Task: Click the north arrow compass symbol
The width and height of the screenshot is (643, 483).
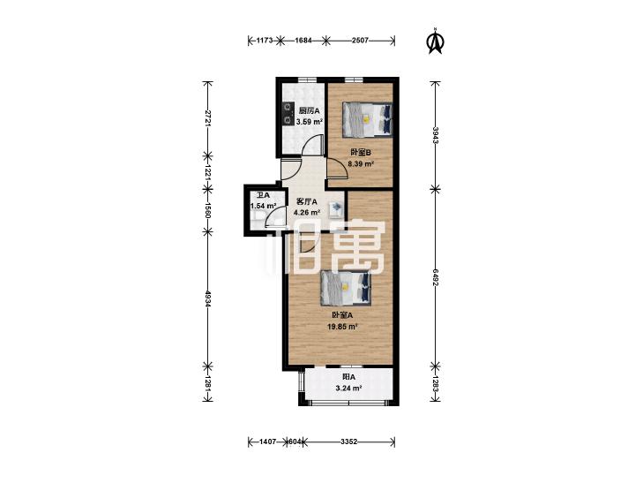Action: coord(435,41)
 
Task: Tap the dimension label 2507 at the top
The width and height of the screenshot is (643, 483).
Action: coord(360,41)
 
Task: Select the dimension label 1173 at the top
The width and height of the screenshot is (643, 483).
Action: coord(265,41)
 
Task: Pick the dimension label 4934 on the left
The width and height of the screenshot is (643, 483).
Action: coord(208,298)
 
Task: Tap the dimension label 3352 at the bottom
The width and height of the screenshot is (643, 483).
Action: coord(349,441)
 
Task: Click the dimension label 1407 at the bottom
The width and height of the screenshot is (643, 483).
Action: coord(268,441)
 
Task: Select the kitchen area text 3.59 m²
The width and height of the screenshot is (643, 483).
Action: coord(310,122)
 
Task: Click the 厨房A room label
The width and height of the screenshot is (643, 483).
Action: coord(310,110)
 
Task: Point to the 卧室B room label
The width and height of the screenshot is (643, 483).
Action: coord(361,152)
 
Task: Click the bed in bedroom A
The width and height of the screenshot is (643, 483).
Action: coord(346,288)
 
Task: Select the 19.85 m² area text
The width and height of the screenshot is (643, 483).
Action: coord(342,327)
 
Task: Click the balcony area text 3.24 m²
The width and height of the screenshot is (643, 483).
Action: coord(348,388)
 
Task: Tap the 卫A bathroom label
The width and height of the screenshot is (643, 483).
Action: coord(263,196)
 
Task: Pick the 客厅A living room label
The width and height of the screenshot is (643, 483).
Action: coord(307,202)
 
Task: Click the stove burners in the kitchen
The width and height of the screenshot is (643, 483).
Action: coord(288,114)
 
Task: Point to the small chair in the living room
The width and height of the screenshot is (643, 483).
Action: coord(335,208)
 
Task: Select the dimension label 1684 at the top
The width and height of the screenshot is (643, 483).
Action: coord(303,41)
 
